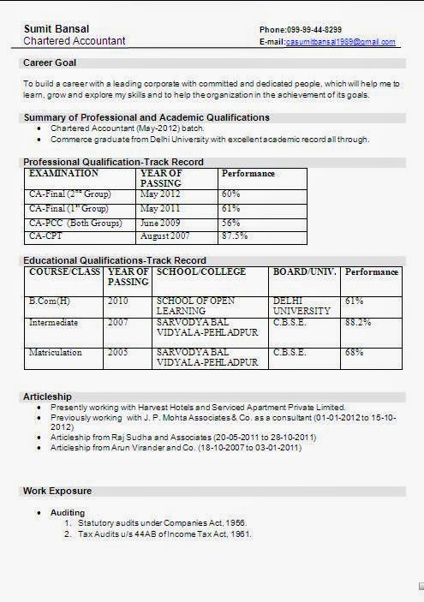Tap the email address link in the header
click(x=340, y=42)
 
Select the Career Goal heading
click(x=50, y=63)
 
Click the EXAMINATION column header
click(x=64, y=173)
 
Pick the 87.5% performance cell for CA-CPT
click(x=235, y=235)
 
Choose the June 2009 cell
click(x=159, y=222)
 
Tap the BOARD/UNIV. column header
click(x=304, y=271)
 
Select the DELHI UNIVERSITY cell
click(x=300, y=306)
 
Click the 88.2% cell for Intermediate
click(x=358, y=322)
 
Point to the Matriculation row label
click(x=55, y=352)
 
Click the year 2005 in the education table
click(x=118, y=352)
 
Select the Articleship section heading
click(x=48, y=396)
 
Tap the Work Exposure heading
click(x=57, y=491)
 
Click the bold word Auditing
click(x=68, y=512)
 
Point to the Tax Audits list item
click(x=164, y=533)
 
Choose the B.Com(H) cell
click(x=51, y=301)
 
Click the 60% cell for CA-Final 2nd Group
click(x=231, y=194)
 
